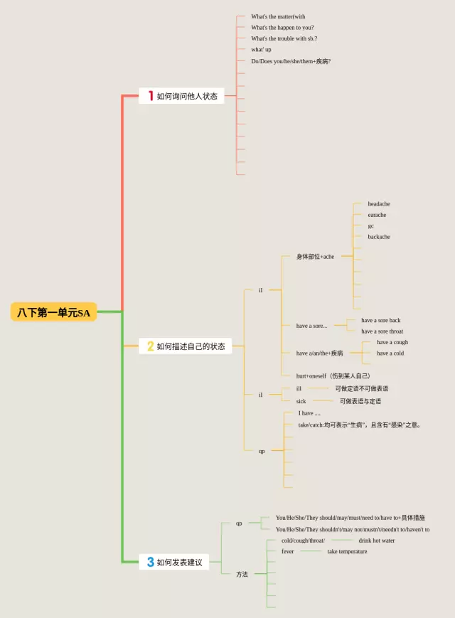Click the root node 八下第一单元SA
click(54, 311)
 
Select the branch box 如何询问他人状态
click(181, 96)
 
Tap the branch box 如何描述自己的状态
click(185, 346)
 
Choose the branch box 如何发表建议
click(174, 562)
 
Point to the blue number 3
click(150, 562)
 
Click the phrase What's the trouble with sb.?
click(284, 38)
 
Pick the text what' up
click(261, 50)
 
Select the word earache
click(377, 215)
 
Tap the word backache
click(378, 237)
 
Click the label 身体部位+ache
click(315, 257)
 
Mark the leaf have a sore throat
click(382, 331)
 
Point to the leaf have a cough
click(392, 342)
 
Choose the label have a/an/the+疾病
click(319, 353)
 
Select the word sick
click(301, 401)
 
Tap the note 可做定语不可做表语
click(361, 389)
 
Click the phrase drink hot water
click(376, 540)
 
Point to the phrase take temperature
click(347, 551)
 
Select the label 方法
click(242, 574)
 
